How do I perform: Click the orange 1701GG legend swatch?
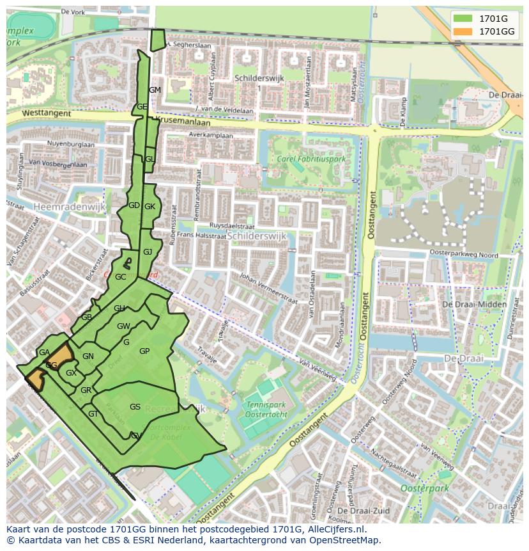pyautogui.click(x=463, y=31)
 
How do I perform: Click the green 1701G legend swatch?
pyautogui.click(x=463, y=19)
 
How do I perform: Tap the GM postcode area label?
pyautogui.click(x=155, y=90)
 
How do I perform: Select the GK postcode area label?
pyautogui.click(x=149, y=207)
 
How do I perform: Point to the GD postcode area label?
pyautogui.click(x=134, y=205)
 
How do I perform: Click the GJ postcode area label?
pyautogui.click(x=148, y=252)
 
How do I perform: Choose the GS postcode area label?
pyautogui.click(x=135, y=407)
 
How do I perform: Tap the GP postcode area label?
pyautogui.click(x=144, y=351)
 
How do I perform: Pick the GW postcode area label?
pyautogui.click(x=123, y=326)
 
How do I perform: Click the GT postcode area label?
pyautogui.click(x=93, y=414)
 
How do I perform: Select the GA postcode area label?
pyautogui.click(x=44, y=353)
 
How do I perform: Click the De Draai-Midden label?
pyautogui.click(x=474, y=304)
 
